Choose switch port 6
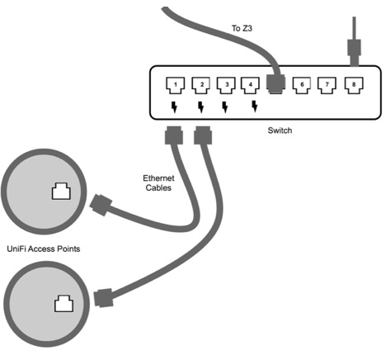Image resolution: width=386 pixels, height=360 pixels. [x=303, y=83]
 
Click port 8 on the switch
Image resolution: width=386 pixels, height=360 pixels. [x=354, y=83]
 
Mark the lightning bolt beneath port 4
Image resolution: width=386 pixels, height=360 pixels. [x=253, y=107]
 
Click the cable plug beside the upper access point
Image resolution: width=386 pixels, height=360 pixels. [x=103, y=203]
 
